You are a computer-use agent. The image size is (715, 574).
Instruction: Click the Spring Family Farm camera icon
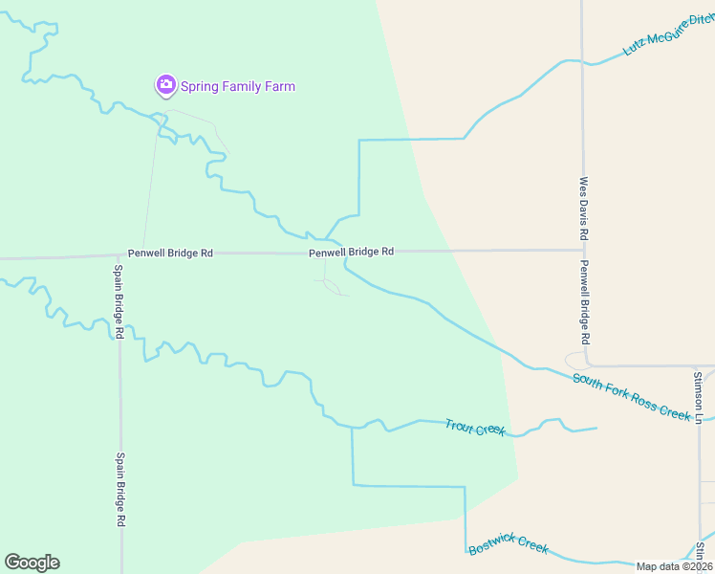165,86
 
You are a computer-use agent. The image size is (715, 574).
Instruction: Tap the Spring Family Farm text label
238,87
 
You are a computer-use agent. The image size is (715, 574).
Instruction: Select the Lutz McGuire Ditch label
666,35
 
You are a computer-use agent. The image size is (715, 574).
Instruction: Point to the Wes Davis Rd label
583,208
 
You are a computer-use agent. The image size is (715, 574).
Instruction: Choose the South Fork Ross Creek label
631,396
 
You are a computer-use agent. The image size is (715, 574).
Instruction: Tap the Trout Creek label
475,428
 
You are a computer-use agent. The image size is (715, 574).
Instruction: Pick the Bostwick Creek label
509,545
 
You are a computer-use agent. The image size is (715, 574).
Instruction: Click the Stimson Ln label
699,398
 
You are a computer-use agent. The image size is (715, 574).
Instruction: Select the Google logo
32,563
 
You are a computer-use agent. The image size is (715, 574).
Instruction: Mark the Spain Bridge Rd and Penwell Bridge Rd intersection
119,256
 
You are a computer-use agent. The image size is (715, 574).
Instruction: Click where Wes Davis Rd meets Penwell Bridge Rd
582,251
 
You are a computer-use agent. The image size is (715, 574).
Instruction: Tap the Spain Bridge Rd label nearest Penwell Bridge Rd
119,300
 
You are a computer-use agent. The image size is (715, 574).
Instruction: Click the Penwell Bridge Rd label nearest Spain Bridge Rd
170,254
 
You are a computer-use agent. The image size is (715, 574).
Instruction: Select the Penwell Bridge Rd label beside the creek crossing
351,252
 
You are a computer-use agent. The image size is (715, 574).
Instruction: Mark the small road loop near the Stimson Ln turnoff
577,361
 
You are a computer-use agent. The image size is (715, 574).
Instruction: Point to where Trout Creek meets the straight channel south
353,428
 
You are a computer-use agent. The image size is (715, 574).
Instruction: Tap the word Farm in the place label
279,87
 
